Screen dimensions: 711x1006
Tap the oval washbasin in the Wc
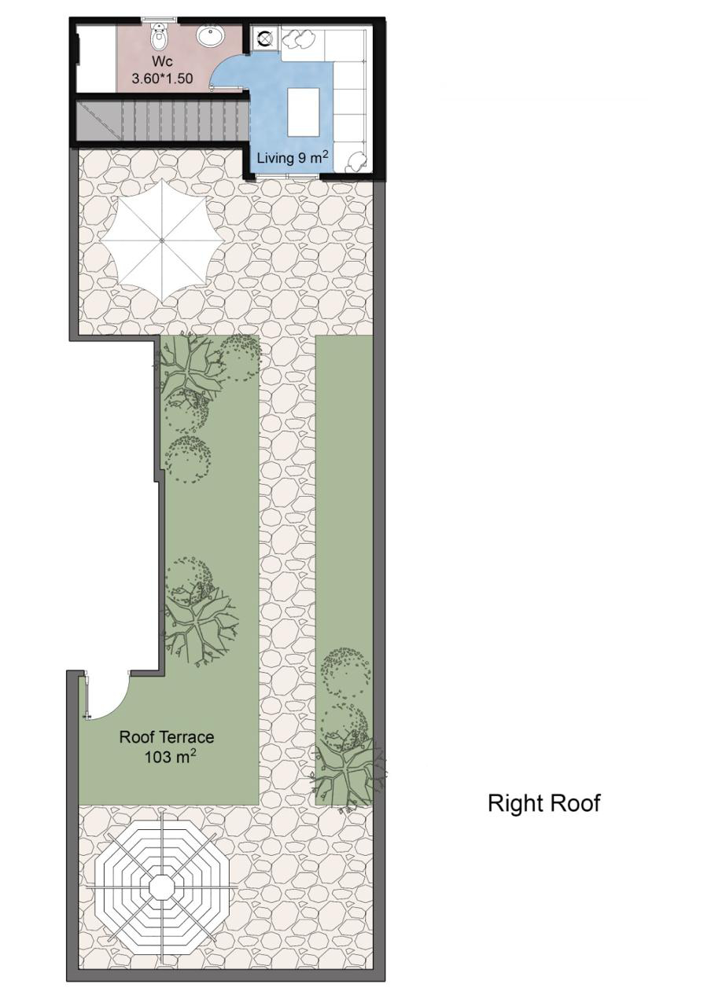click(x=210, y=36)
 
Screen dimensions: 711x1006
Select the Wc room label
click(x=162, y=61)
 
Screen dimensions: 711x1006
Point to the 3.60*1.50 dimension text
click(x=162, y=79)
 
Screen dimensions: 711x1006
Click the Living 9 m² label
click(x=292, y=157)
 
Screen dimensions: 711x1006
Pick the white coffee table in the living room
click(x=304, y=112)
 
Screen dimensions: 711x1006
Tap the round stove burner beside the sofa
click(x=263, y=39)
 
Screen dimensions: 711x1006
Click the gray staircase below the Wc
click(x=162, y=120)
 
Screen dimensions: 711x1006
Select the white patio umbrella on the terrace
click(x=162, y=241)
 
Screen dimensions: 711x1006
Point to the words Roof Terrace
click(x=166, y=737)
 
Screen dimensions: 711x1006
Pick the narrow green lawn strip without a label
click(x=344, y=571)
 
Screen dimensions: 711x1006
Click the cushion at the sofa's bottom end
click(x=357, y=161)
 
